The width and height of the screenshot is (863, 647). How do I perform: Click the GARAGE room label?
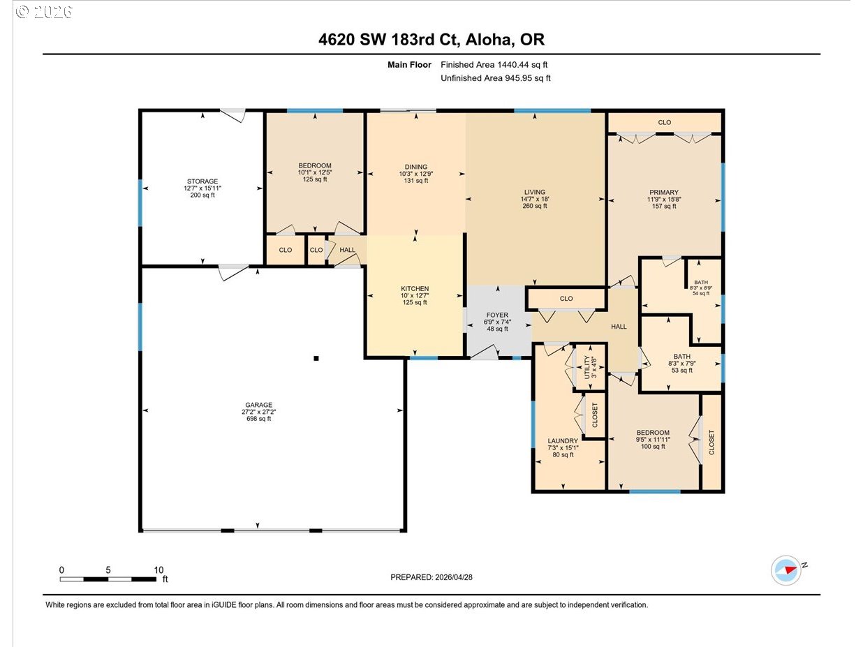(x=258, y=405)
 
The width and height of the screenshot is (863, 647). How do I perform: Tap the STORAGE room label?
(x=202, y=181)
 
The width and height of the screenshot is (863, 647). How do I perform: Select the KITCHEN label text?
(x=415, y=288)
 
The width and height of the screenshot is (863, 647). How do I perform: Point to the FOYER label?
(x=497, y=315)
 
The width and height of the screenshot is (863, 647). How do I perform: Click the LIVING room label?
(x=535, y=192)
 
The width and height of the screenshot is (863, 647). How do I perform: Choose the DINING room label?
(x=416, y=167)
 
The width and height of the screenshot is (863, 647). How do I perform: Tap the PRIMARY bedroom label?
(x=664, y=193)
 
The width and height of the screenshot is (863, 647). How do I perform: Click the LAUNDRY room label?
(x=563, y=441)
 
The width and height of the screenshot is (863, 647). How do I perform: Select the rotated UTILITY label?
(x=587, y=367)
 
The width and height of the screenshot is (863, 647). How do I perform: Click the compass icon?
(x=786, y=570)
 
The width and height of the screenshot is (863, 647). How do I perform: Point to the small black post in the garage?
(x=316, y=358)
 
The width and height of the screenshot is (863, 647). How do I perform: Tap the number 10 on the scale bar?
(x=158, y=570)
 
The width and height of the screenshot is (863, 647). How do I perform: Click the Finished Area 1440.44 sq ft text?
(x=494, y=65)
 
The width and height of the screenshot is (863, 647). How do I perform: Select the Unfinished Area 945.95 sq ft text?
(x=496, y=78)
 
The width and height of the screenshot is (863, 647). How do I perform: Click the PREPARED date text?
(x=431, y=577)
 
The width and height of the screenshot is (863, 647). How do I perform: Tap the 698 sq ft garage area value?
(x=258, y=419)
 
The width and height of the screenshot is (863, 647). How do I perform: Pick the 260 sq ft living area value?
(x=535, y=206)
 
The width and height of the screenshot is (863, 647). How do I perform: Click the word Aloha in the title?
(x=489, y=40)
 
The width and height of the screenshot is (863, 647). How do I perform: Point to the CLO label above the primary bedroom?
(x=665, y=123)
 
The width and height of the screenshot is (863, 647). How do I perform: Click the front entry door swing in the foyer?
(x=485, y=352)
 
